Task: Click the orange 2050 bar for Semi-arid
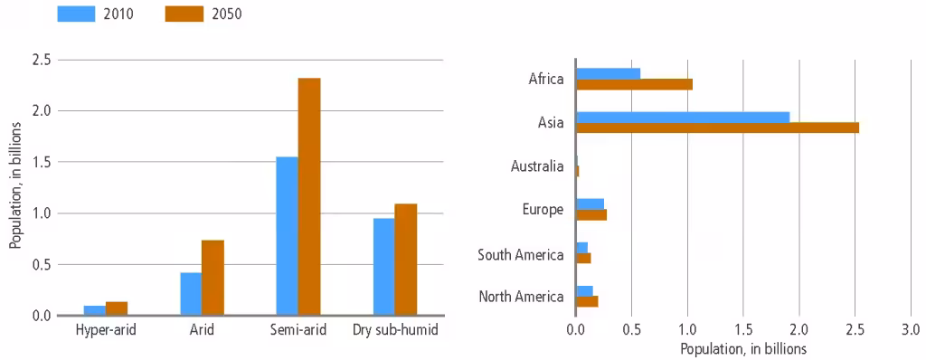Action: [x=309, y=197]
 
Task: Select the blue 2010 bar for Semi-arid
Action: [x=287, y=236]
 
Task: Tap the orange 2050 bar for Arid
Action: [x=213, y=278]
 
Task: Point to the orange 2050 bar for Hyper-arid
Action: [x=117, y=308]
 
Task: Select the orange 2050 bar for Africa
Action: [x=634, y=84]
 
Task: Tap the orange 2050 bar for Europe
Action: [x=591, y=214]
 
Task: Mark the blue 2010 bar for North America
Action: [x=585, y=291]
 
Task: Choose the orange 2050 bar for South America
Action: [x=583, y=259]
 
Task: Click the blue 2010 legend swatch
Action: [x=76, y=14]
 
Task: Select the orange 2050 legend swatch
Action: [x=184, y=14]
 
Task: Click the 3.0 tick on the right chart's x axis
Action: [x=911, y=328]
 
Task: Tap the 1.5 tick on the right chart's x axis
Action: [x=743, y=328]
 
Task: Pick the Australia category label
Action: [x=537, y=166]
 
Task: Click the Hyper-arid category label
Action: [x=107, y=330]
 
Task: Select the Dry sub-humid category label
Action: [x=394, y=330]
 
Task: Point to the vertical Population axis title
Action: [x=16, y=185]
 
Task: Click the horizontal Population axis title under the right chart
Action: [x=743, y=347]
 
